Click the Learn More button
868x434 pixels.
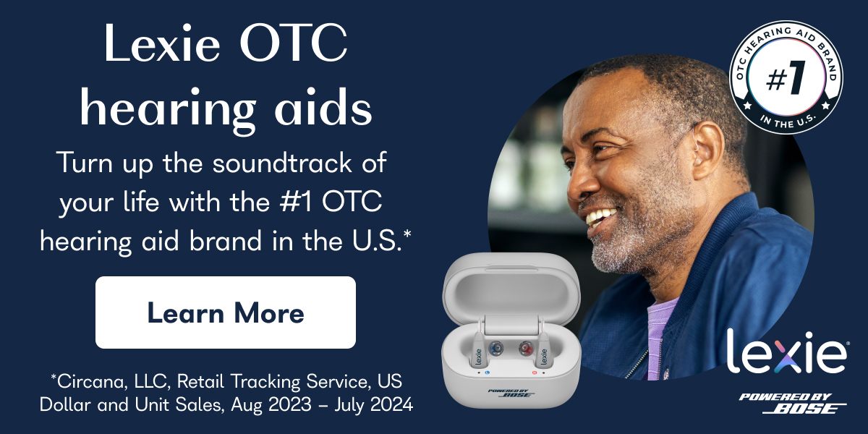click(226, 312)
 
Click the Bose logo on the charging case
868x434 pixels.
click(511, 392)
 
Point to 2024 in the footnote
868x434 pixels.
click(392, 404)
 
